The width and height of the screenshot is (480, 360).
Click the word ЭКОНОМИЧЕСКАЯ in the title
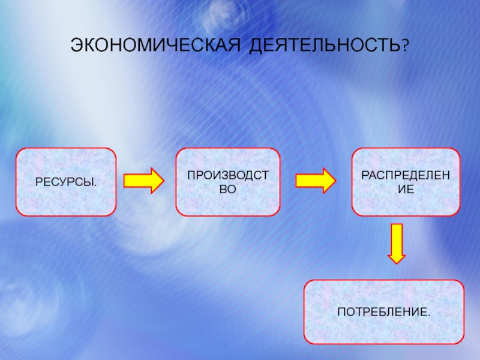[154, 46]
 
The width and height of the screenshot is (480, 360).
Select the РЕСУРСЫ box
[65, 182]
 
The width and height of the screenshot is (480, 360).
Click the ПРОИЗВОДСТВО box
[227, 182]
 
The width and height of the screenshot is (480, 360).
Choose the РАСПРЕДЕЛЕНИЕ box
[406, 182]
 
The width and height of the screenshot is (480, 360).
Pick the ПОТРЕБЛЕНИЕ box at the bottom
[384, 312]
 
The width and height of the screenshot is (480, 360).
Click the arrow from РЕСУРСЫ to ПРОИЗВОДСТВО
[143, 180]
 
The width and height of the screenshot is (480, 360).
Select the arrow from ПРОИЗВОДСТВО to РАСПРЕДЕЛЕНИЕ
[316, 180]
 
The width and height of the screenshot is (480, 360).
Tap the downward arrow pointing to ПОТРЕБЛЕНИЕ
[396, 242]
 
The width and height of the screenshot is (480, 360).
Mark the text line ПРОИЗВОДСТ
[227, 175]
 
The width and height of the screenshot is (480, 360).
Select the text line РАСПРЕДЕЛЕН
[406, 175]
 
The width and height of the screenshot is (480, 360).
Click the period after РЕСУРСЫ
[96, 184]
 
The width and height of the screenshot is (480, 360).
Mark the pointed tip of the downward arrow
[396, 262]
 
